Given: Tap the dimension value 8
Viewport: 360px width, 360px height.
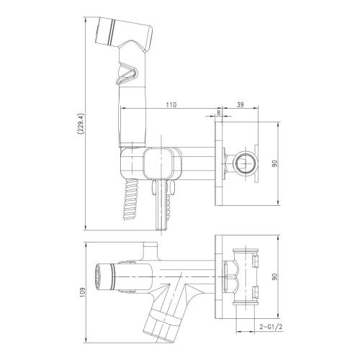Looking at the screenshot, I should [x=218, y=104].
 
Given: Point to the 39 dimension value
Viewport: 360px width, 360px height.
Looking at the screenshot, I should [x=240, y=104].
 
